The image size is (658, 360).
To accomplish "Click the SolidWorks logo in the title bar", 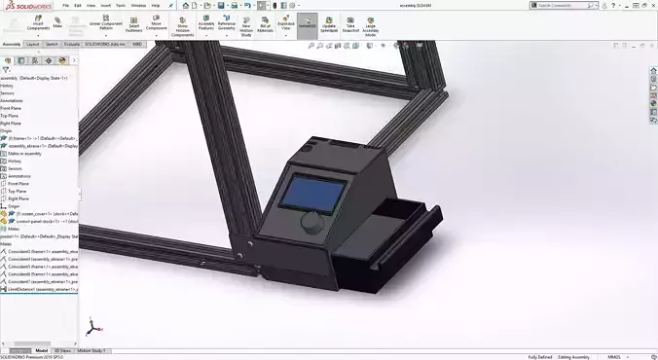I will point(21,5).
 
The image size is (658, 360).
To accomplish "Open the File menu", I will point(64,5).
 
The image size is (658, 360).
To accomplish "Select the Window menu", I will point(138,5).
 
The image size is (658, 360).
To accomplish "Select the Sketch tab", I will point(52,44).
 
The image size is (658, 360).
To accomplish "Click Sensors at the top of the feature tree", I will point(8,92).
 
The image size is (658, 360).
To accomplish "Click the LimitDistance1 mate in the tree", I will point(39,289).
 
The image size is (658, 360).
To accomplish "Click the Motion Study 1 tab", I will point(93,349).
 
